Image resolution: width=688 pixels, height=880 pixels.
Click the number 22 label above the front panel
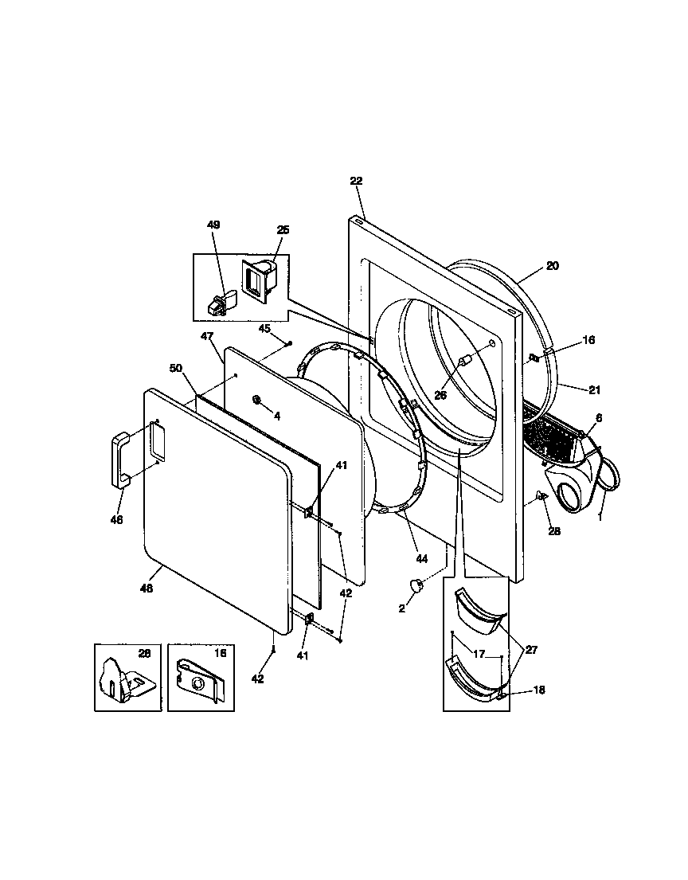click(355, 181)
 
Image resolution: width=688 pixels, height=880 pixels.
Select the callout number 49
click(213, 225)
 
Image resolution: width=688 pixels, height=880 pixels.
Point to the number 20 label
click(552, 266)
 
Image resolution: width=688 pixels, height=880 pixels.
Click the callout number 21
click(572, 390)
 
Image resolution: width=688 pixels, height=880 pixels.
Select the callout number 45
click(264, 328)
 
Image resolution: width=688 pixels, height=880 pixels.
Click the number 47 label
click(207, 337)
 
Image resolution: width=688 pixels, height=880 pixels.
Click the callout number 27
click(530, 650)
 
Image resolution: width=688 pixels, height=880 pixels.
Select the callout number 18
click(539, 690)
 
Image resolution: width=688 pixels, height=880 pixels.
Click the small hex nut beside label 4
click(258, 399)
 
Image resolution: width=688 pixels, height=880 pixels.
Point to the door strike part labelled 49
click(221, 301)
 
